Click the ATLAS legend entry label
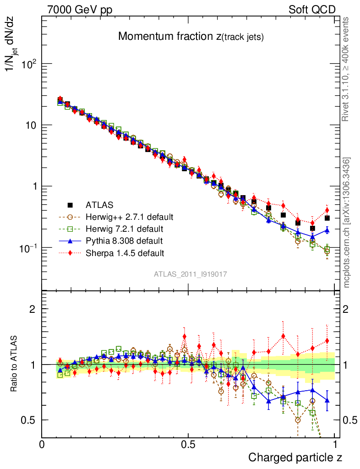tap(99, 205)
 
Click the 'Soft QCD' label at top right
tap(312, 10)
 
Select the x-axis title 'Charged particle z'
tap(295, 457)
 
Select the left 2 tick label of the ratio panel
tap(33, 309)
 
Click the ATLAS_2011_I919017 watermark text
tap(191, 274)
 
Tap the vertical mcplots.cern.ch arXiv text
tap(347, 222)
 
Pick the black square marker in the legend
tap(70, 205)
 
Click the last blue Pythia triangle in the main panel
tap(327, 230)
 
